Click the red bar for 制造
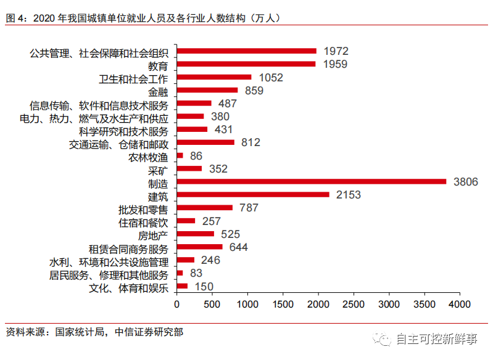312,181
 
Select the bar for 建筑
253,195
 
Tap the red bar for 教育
246,64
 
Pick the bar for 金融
207,91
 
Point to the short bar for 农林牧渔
180,155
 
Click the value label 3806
465,181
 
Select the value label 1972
336,51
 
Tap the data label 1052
271,77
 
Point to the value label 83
197,273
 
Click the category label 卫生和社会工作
133,78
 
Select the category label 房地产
153,235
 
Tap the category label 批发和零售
143,208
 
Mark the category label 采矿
158,170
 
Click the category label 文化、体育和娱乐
128,287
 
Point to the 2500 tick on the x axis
354,305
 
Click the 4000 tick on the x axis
460,305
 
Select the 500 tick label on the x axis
212,305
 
